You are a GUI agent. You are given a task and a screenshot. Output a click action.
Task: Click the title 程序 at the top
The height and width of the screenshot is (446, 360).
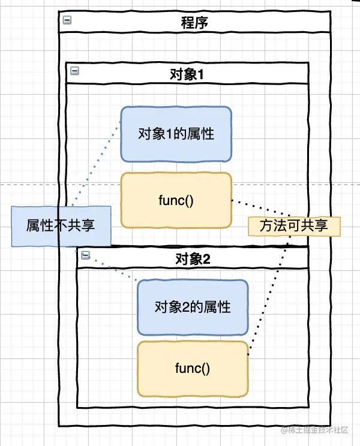tap(195, 23)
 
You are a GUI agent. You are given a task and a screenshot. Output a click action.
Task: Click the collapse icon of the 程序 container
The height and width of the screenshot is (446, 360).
tap(67, 20)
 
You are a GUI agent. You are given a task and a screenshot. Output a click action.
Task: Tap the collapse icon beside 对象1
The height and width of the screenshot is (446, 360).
tap(75, 71)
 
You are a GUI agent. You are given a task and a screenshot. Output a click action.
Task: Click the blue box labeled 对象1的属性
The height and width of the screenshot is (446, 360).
tap(176, 134)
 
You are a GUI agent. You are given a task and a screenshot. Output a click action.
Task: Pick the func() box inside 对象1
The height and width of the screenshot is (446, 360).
tap(176, 200)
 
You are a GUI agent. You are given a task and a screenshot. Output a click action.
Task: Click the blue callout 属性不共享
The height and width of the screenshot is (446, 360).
tap(61, 225)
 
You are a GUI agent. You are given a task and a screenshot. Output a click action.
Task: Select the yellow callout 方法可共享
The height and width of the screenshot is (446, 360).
tap(294, 226)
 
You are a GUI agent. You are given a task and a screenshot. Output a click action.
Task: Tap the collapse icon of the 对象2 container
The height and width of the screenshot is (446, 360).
tap(85, 255)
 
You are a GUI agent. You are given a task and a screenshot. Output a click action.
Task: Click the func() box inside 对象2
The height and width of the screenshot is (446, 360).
tap(193, 368)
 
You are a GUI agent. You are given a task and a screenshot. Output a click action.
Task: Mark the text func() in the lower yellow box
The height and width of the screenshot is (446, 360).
tap(193, 368)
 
